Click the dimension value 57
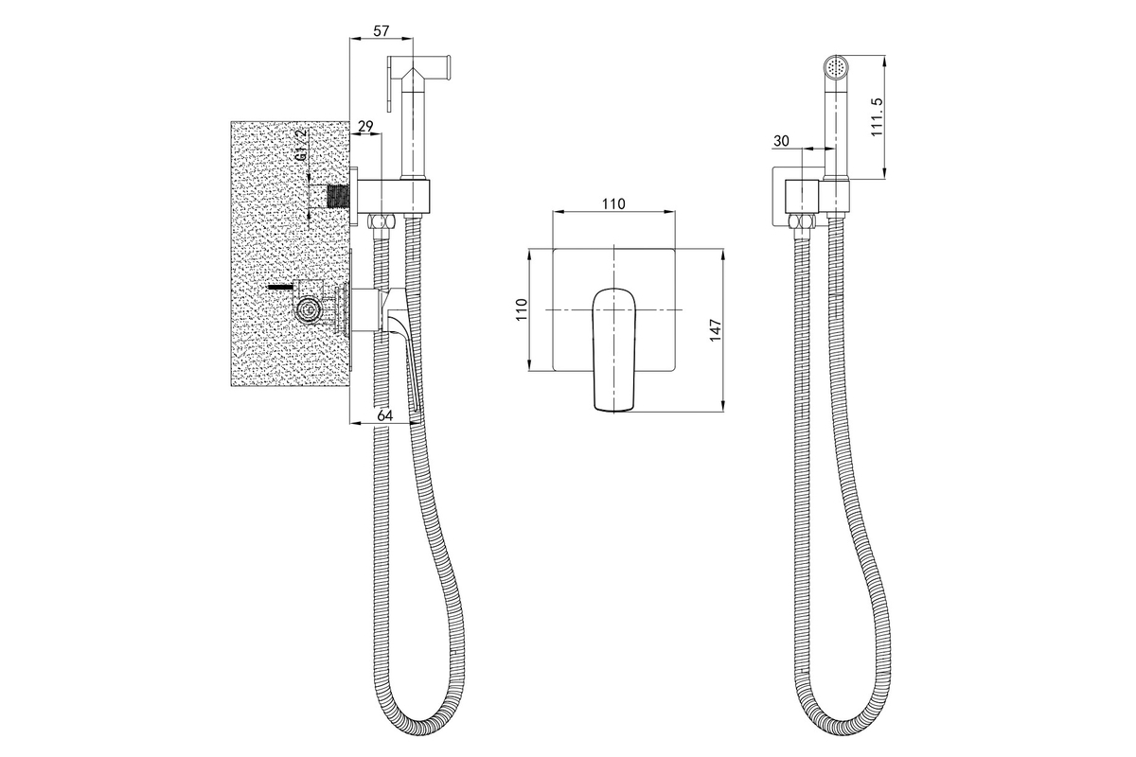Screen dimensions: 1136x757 point(381,31)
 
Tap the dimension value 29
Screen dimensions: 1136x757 point(365,126)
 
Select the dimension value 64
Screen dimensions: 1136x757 point(385,415)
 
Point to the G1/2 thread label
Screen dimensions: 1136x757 point(302,145)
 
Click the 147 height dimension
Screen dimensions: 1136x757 point(715,330)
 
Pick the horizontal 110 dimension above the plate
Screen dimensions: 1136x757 point(613,203)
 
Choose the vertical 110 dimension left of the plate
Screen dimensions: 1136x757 point(522,309)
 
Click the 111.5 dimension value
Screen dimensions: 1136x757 point(877,116)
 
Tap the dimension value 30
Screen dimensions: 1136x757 point(781,141)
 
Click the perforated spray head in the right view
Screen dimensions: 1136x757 point(835,66)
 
